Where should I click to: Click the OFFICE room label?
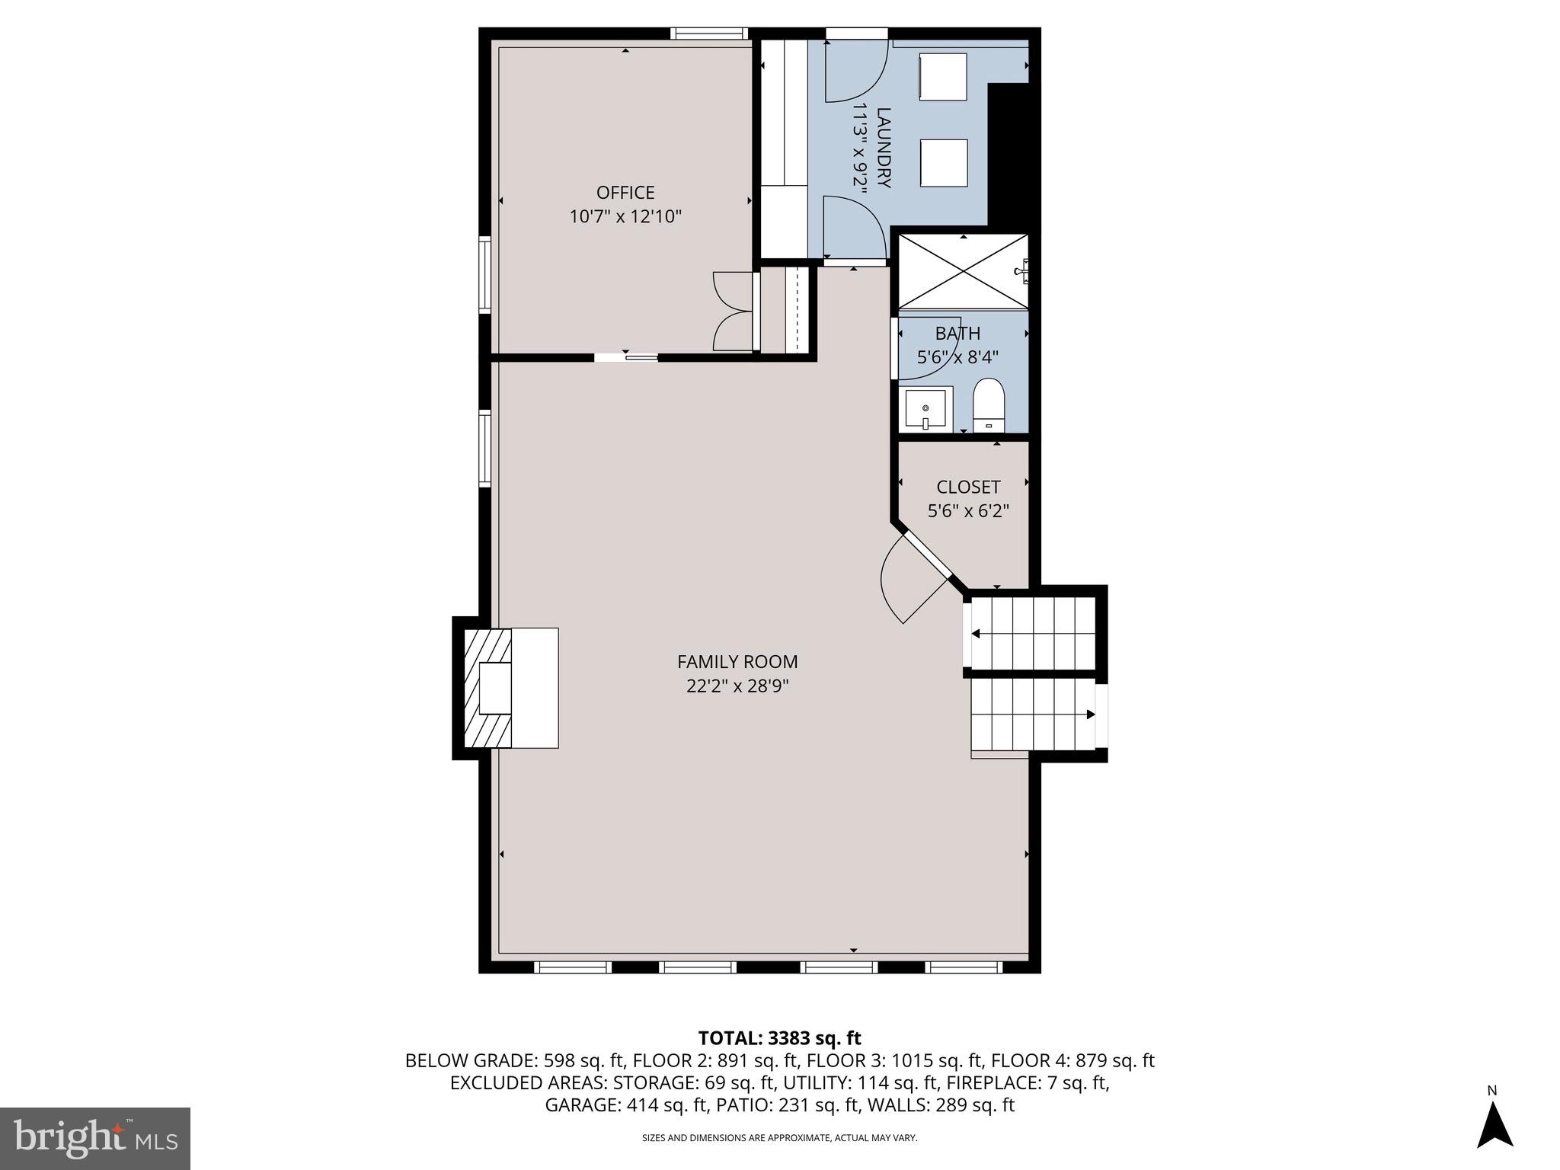(625, 193)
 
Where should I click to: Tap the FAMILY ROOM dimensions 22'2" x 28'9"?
(737, 686)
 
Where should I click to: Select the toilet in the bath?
(989, 406)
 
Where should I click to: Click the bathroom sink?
(925, 410)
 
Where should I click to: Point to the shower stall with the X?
(963, 271)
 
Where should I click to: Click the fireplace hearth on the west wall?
(510, 688)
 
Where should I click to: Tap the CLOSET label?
(968, 487)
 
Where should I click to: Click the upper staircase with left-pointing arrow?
(1032, 633)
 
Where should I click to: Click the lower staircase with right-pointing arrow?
(1032, 714)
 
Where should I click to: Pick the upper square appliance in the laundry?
(943, 76)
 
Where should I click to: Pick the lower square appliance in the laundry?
(943, 162)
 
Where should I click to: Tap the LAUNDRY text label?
(884, 148)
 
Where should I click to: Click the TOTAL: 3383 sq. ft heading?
(779, 1037)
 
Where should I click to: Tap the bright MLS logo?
(95, 1138)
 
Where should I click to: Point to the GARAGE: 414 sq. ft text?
(626, 1105)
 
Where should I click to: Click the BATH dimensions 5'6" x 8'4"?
(957, 357)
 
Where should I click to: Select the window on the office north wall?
(708, 34)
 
